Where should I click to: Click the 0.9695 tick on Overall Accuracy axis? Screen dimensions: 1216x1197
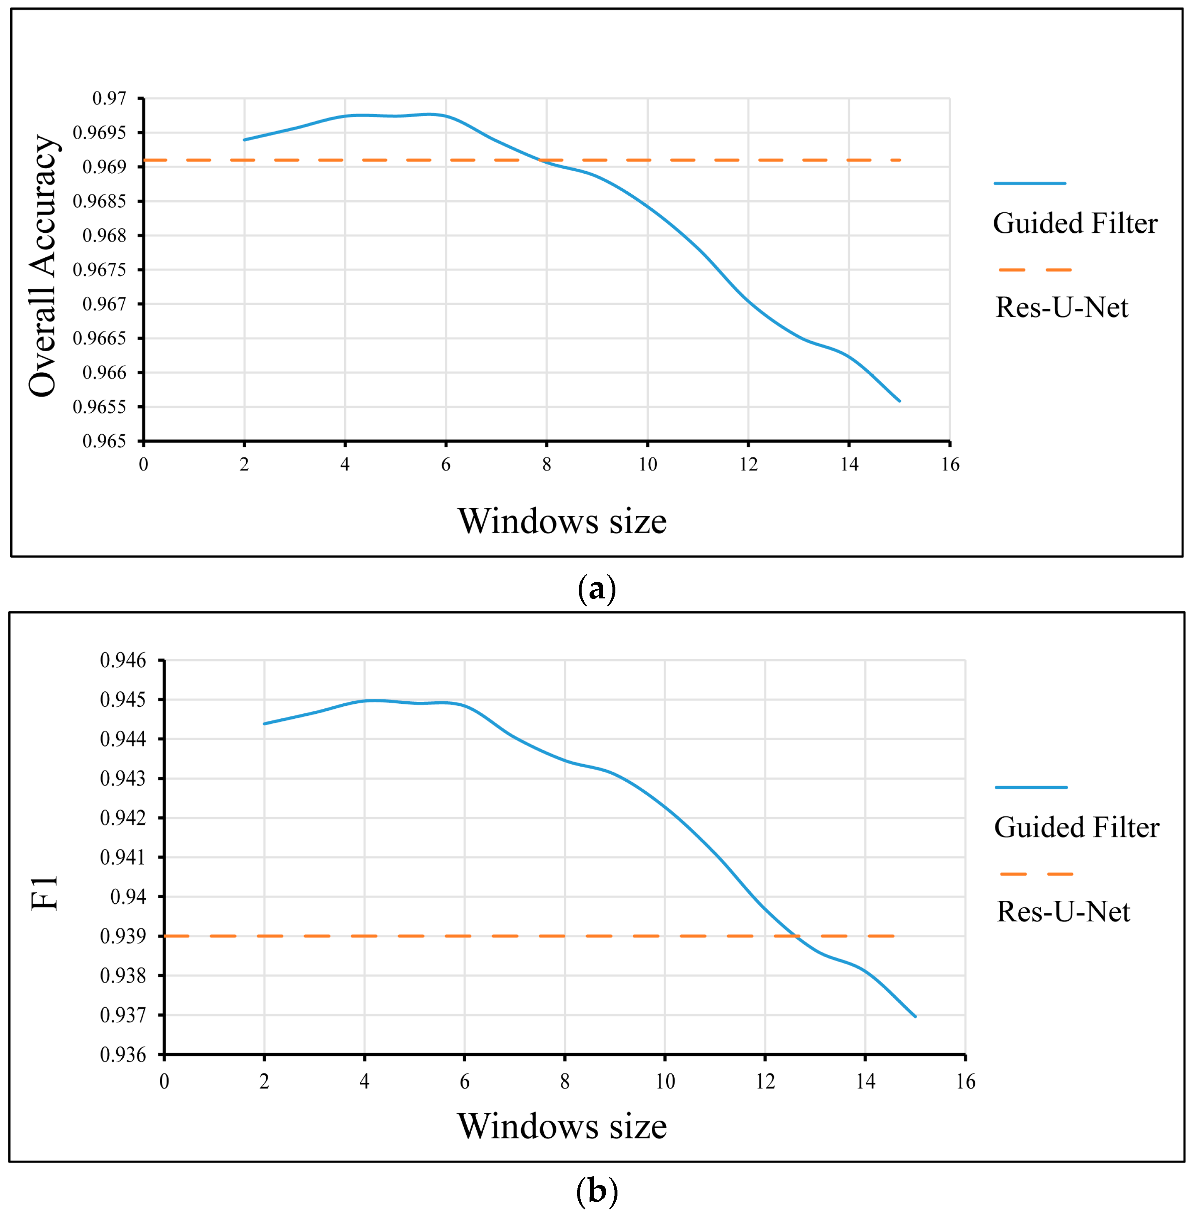click(99, 132)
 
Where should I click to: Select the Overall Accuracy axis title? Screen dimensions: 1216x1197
click(43, 266)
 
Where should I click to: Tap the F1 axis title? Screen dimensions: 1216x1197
click(45, 893)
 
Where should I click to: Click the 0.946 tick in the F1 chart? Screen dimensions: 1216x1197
click(123, 660)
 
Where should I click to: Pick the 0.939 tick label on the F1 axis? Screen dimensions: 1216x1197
click(123, 936)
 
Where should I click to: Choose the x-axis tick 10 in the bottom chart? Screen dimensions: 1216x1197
click(665, 1081)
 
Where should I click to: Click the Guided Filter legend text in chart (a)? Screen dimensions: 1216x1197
click(1075, 224)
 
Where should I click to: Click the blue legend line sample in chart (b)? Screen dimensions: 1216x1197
click(1031, 787)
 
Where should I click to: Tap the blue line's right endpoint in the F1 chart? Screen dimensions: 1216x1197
click(915, 1016)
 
